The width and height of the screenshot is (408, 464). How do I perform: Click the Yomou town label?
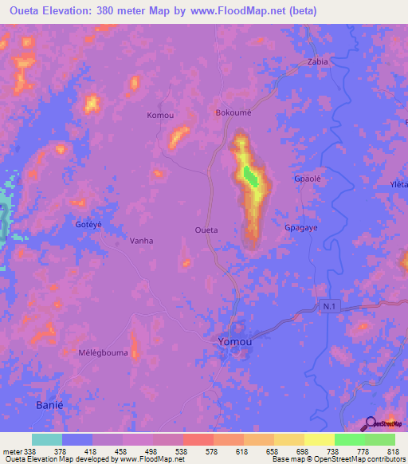tap(236, 342)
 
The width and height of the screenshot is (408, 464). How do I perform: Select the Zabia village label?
tap(318, 61)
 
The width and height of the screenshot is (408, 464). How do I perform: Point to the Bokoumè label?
tap(233, 113)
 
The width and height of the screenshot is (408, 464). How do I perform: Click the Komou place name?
tap(160, 116)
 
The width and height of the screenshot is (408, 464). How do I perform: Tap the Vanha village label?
tap(141, 240)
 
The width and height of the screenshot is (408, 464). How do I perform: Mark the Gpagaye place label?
tap(301, 227)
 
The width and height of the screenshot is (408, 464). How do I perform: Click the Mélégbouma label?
tap(104, 352)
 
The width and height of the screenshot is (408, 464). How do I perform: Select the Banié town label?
tap(49, 406)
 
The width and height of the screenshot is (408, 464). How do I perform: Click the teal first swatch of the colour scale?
tap(47, 439)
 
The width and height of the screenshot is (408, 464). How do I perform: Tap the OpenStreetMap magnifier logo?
tap(370, 424)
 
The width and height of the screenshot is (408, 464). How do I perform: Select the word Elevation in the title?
tap(80, 11)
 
